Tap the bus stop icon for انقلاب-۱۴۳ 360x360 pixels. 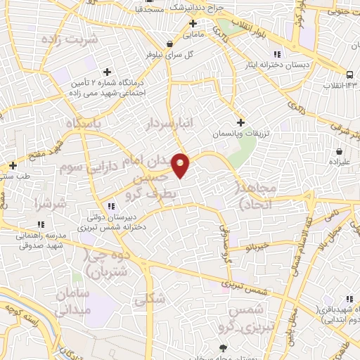[349, 75]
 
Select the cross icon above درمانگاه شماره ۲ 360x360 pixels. [107, 72]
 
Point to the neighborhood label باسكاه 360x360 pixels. [84, 123]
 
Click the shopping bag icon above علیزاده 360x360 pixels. [340, 151]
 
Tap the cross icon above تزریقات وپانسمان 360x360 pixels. [240, 122]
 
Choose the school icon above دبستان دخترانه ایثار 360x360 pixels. [276, 55]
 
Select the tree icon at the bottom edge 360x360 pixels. [224, 348]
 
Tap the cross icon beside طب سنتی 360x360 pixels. [13, 166]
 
